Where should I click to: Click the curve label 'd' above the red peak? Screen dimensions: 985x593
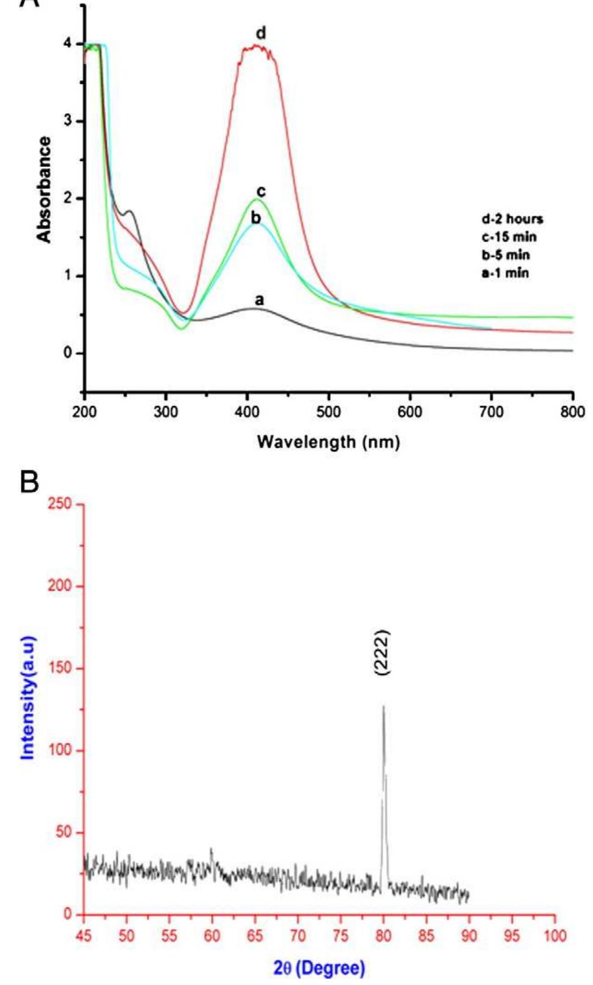coord(261,33)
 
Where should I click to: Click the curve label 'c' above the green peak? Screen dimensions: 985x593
coord(261,192)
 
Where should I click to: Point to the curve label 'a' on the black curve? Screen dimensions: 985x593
coord(259,300)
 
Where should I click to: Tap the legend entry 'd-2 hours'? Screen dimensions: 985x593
coord(512,219)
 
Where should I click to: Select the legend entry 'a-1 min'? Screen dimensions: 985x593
coord(505,273)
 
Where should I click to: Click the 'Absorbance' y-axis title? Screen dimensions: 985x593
coord(44,190)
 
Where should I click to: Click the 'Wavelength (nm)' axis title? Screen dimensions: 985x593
coord(328,441)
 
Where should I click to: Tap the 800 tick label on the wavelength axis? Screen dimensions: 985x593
coord(572,411)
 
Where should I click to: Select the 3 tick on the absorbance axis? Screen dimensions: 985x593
coord(67,121)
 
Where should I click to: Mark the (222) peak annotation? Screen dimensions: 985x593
coord(383,652)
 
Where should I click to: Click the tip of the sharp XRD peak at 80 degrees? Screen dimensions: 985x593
coord(383,707)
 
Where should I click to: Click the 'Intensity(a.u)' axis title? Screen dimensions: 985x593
coord(28,697)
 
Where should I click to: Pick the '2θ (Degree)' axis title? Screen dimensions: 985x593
coord(319,968)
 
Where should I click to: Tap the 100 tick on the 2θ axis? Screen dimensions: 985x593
coord(555,935)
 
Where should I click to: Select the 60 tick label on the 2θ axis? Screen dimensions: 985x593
coord(212,935)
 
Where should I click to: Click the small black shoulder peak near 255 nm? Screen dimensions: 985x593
coord(129,211)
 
